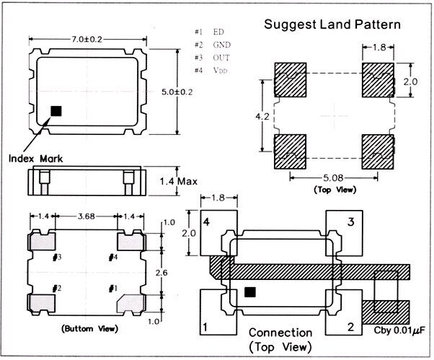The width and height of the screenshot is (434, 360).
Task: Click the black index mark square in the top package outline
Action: [x=56, y=111]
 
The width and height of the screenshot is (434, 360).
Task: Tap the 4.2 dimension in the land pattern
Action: [x=263, y=115]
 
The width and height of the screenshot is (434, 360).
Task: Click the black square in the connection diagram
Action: [x=250, y=292]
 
